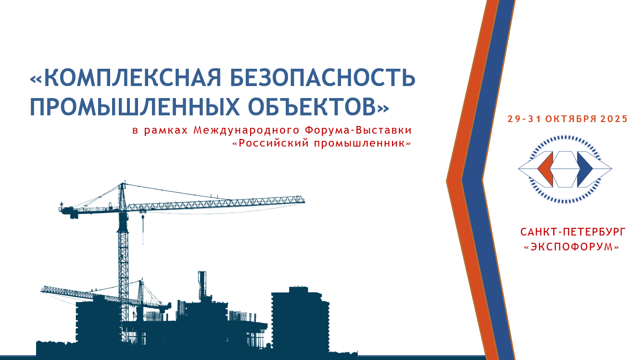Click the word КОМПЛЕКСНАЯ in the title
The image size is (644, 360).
pyautogui.click(x=132, y=77)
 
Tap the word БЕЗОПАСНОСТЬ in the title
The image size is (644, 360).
pyautogui.click(x=322, y=77)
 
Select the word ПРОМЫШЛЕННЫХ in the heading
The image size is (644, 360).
pyautogui.click(x=135, y=107)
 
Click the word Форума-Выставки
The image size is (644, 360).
pyautogui.click(x=358, y=130)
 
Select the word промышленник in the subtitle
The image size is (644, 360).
pyautogui.click(x=359, y=143)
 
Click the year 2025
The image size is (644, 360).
pyautogui.click(x=614, y=119)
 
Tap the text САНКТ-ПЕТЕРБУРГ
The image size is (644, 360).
pyautogui.click(x=573, y=232)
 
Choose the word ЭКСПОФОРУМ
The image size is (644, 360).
pyautogui.click(x=571, y=247)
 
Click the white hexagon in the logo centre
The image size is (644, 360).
pyautogui.click(x=565, y=169)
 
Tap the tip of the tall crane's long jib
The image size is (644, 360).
pyautogui.click(x=303, y=200)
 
